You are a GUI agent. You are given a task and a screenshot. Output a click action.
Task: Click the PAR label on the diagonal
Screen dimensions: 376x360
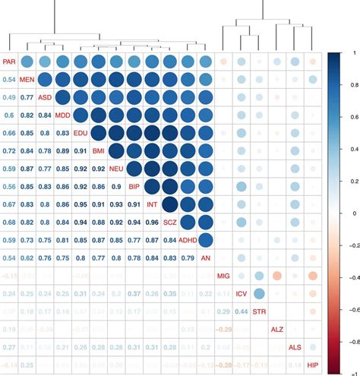point(8,62)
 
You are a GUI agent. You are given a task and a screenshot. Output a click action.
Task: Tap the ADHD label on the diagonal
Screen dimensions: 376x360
point(188,240)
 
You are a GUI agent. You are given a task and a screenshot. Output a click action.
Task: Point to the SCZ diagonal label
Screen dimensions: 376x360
point(169,222)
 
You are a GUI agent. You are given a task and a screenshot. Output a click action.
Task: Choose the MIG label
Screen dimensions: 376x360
point(223,276)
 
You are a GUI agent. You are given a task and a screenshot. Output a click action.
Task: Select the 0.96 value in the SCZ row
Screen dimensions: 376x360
point(152,223)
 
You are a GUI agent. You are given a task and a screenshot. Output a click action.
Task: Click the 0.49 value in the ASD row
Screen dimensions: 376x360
point(8,97)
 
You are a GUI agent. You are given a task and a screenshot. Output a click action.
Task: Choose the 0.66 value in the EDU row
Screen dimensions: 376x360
point(8,133)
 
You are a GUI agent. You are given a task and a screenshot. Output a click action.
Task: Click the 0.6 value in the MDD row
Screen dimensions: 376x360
point(8,115)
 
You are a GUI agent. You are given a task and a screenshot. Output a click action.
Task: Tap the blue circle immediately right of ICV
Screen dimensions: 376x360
point(259,294)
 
